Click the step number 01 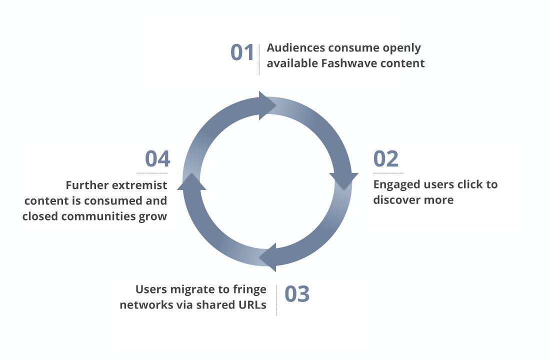(242, 52)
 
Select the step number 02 (386, 158)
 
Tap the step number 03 (297, 293)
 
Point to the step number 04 (157, 158)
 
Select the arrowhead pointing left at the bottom (267, 257)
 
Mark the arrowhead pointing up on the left (191, 182)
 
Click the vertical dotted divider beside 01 (259, 59)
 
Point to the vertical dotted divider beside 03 (276, 300)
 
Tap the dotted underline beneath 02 (388, 173)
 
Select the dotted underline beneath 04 (152, 173)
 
